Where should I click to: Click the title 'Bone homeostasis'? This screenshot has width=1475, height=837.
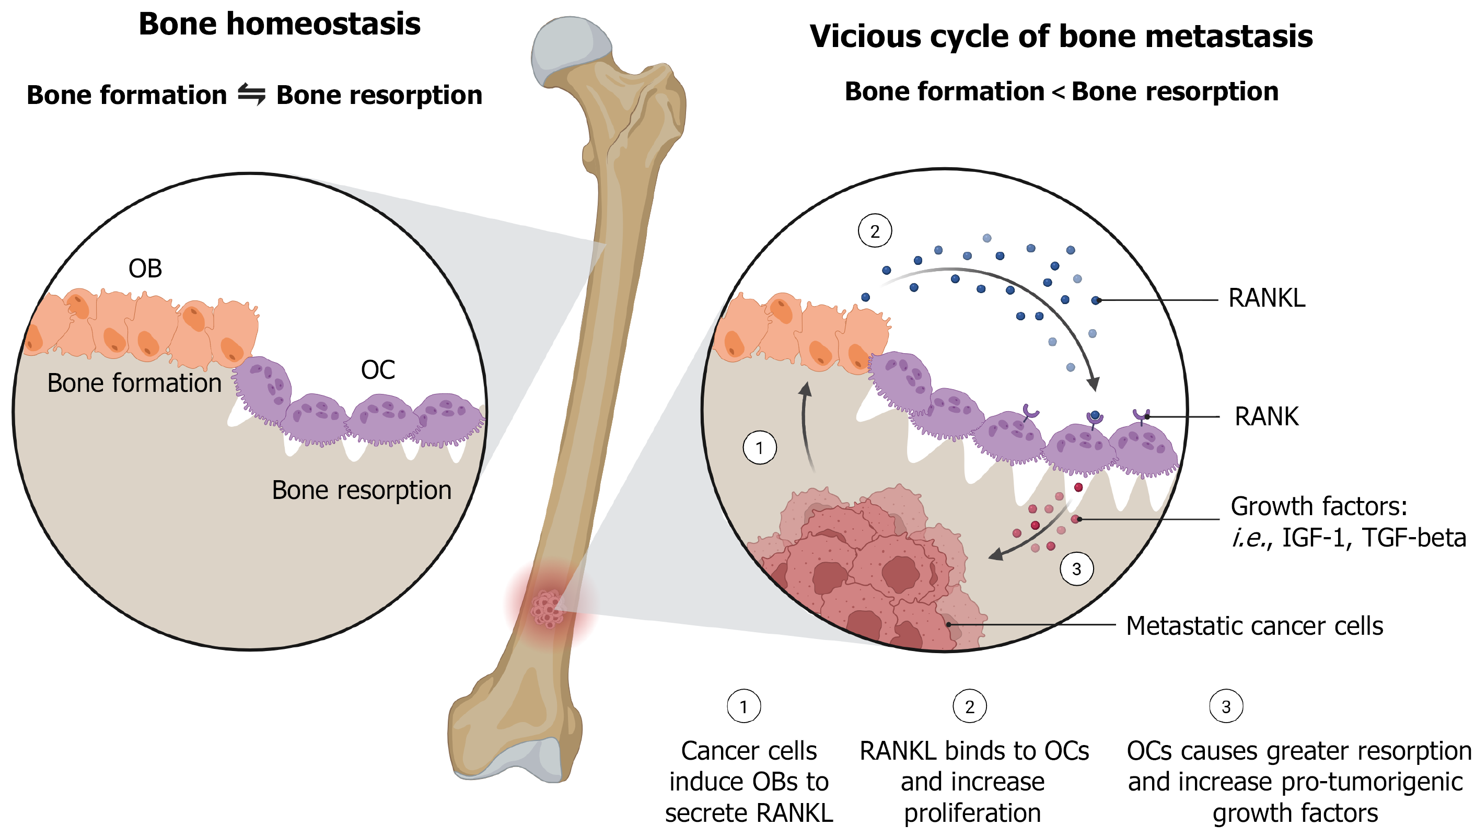(280, 24)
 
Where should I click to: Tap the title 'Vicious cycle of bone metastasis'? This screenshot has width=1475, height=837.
(1061, 37)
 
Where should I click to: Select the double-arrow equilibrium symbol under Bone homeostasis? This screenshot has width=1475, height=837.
(252, 94)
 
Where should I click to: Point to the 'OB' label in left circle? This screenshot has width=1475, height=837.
(145, 269)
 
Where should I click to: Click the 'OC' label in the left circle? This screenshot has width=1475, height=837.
(378, 369)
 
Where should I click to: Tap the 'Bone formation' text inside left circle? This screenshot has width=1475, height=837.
(134, 383)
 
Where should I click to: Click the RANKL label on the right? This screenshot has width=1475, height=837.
(1267, 298)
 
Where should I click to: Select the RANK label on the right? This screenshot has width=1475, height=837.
(1267, 416)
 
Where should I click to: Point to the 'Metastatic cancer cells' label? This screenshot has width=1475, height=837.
(1255, 625)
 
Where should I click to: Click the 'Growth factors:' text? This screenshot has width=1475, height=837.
(1319, 506)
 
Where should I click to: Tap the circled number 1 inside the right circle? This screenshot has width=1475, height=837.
(760, 447)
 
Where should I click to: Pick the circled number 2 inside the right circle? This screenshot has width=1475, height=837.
(875, 231)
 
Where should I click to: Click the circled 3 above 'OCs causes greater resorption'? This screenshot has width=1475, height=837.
(1226, 706)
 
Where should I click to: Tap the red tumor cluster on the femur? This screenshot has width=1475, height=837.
(547, 608)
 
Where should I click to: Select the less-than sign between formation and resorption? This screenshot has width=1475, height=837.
(1058, 92)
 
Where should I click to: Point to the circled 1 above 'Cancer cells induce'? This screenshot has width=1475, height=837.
(744, 706)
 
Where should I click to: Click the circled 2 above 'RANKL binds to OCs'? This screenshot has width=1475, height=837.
(970, 706)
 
